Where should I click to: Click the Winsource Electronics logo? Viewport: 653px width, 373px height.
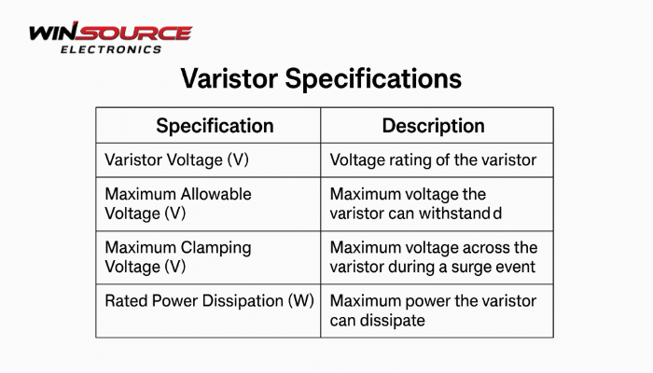110,37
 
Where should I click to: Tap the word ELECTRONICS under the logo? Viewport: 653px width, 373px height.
111,49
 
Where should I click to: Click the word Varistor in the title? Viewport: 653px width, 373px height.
229,77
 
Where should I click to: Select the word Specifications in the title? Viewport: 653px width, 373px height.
373,78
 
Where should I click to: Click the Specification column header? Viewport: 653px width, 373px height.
215,126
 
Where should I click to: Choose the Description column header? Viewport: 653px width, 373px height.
433,126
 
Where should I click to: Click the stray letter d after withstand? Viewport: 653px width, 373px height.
497,214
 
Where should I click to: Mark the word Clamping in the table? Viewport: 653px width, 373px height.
216,248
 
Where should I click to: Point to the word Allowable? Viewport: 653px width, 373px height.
216,194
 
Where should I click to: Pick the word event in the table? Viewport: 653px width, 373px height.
520,267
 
